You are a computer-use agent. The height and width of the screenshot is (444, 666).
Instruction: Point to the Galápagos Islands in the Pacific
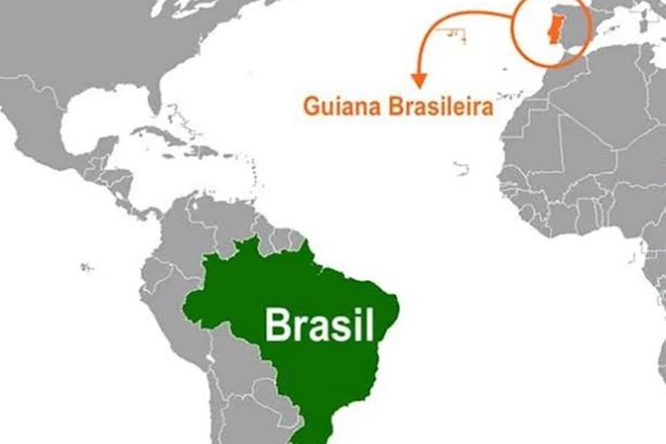(x=87, y=268)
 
